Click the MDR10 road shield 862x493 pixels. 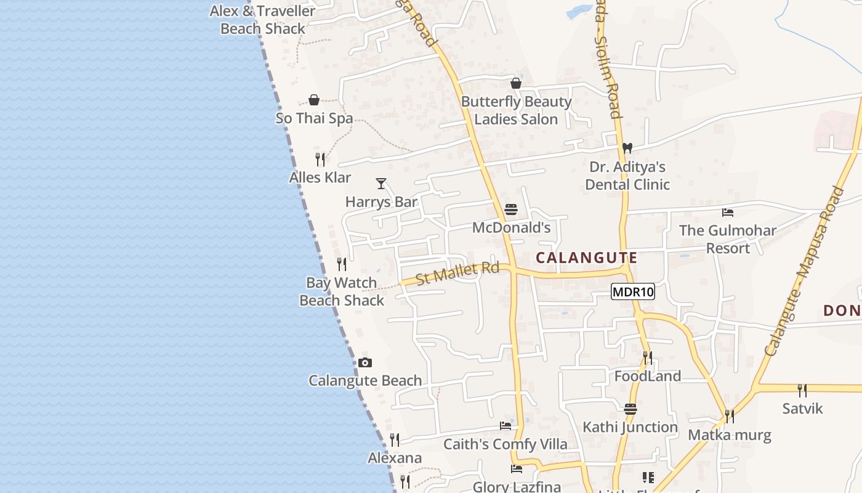point(632,291)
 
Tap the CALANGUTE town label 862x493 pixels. point(586,258)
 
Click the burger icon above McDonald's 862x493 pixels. point(510,210)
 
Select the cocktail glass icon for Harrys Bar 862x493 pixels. point(381,183)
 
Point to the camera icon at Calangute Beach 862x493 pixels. point(365,362)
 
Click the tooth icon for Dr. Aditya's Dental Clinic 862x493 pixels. point(627,148)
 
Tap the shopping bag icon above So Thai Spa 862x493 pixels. point(314,100)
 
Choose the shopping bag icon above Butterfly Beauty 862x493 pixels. point(516,83)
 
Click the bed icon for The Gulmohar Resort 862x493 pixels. point(728,213)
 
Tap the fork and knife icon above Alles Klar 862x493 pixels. point(320,160)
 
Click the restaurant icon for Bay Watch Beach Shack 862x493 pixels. point(342,264)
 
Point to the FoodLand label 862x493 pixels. point(648,376)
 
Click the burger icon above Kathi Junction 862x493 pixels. point(630,409)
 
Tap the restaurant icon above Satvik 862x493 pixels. point(802,390)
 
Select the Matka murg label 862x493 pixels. point(729,435)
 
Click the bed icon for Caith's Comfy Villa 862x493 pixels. point(506,425)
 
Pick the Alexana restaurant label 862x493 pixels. point(395,458)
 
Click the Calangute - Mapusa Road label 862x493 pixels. point(804,271)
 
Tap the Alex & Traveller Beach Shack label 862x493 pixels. point(263,20)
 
